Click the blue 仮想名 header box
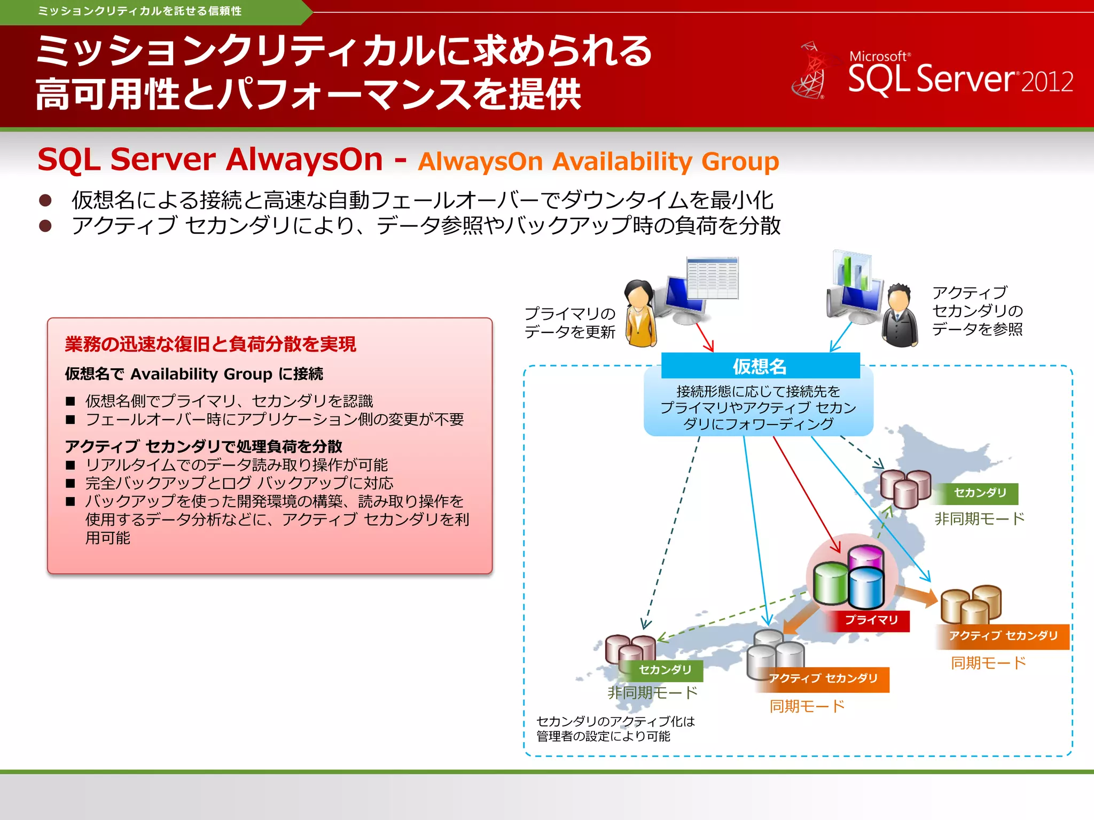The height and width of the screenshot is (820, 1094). [x=760, y=366]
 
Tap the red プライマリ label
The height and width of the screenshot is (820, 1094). [x=871, y=620]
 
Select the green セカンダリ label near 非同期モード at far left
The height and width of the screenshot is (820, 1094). [x=665, y=670]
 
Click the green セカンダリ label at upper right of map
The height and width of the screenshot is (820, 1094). [x=980, y=493]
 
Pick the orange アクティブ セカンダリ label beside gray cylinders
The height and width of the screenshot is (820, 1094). [x=823, y=679]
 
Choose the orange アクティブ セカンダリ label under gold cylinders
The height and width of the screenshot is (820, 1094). [x=1003, y=636]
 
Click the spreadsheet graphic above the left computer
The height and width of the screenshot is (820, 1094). [x=713, y=278]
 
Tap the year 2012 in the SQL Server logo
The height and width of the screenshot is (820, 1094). [x=1047, y=82]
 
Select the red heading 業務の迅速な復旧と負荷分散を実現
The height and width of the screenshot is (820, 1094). [x=210, y=344]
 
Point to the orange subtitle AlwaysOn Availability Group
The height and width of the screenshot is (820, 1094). [x=598, y=161]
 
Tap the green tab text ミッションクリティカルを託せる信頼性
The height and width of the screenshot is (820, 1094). [x=139, y=11]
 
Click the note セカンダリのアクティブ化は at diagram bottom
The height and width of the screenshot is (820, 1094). [x=615, y=722]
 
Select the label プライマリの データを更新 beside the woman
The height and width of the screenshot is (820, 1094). [x=569, y=323]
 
